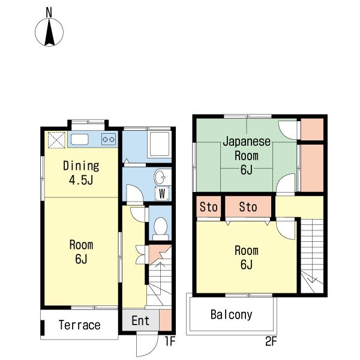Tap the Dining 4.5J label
tap(81, 173)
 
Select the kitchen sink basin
tap(80, 139)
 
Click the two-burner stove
tap(109, 139)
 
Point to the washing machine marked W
tap(162, 194)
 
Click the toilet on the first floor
tap(160, 229)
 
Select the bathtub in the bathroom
tap(160, 144)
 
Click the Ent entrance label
tap(140, 320)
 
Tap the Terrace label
tap(79, 325)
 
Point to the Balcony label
tap(232, 314)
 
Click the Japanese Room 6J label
tap(247, 155)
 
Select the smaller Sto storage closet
tap(208, 206)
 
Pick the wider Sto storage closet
tap(248, 206)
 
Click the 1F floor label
tap(170, 341)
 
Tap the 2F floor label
tap(271, 341)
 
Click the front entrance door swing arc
tap(152, 348)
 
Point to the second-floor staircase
tap(312, 256)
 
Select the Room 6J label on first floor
tap(81, 252)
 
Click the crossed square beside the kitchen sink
tap(56, 140)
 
